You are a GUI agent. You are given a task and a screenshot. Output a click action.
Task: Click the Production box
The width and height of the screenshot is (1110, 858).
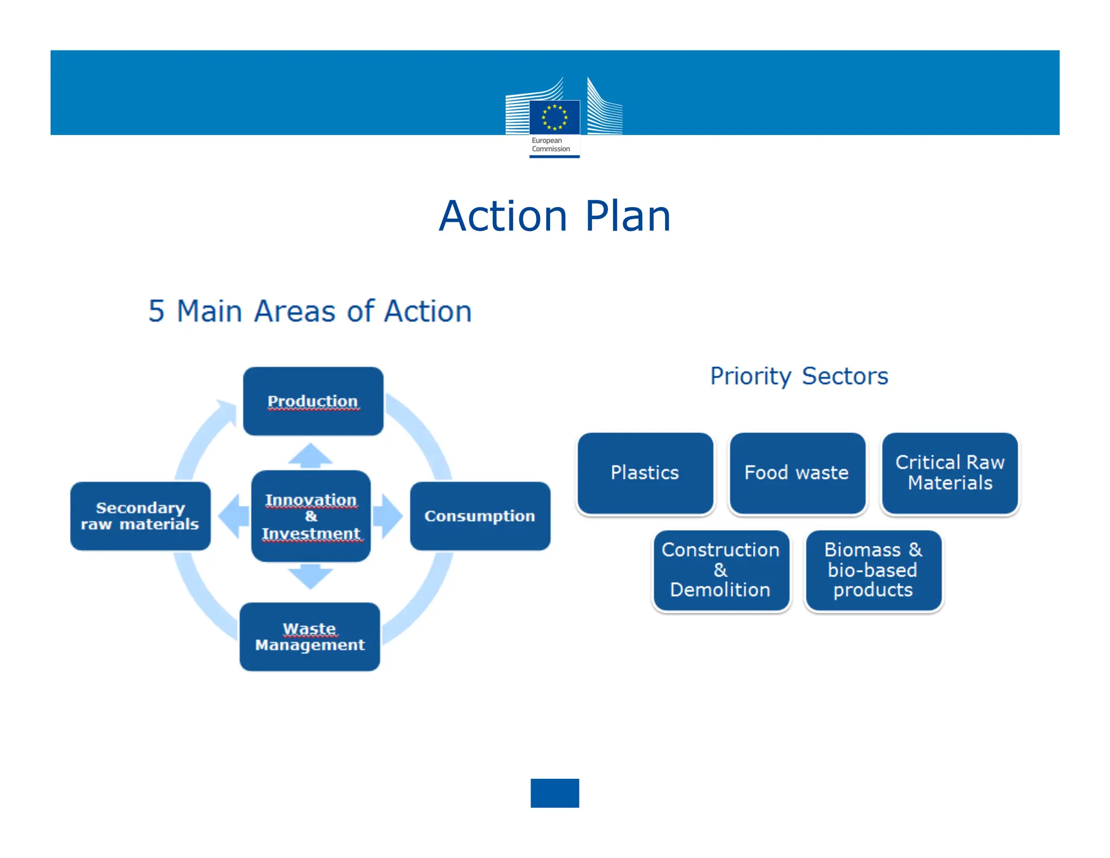pyautogui.click(x=313, y=401)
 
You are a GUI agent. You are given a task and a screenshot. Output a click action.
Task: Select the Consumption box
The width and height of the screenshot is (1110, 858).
pyautogui.click(x=480, y=516)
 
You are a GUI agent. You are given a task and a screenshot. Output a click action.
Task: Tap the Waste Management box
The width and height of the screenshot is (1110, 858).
pyautogui.click(x=309, y=637)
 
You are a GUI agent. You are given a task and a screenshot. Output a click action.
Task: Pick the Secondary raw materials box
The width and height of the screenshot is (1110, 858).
pyautogui.click(x=140, y=516)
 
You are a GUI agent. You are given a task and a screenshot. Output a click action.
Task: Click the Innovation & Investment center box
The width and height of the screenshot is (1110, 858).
pyautogui.click(x=311, y=516)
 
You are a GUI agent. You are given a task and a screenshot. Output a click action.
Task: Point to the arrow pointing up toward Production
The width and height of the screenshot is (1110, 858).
pyautogui.click(x=311, y=456)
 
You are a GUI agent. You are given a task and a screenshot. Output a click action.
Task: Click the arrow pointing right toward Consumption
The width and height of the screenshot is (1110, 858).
pyautogui.click(x=389, y=516)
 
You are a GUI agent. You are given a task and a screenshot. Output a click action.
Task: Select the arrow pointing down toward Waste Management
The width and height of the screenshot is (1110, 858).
pyautogui.click(x=311, y=576)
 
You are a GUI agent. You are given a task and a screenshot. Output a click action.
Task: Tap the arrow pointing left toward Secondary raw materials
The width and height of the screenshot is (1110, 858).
pyautogui.click(x=233, y=516)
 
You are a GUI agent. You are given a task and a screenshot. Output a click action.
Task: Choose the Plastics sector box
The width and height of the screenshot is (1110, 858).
pyautogui.click(x=645, y=473)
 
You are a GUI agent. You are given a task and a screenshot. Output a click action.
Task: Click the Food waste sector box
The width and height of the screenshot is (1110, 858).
pyautogui.click(x=797, y=473)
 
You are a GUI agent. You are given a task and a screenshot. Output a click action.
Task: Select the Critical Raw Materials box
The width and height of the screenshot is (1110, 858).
pyautogui.click(x=950, y=473)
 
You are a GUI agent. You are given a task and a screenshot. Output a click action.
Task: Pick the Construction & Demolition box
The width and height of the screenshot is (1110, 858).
pyautogui.click(x=721, y=570)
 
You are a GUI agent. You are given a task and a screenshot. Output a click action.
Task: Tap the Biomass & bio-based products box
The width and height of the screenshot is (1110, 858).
pyautogui.click(x=873, y=570)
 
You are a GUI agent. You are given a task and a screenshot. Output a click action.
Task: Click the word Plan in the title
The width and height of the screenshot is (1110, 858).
pyautogui.click(x=628, y=216)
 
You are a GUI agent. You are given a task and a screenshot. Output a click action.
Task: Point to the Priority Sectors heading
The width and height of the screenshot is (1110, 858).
pyautogui.click(x=799, y=376)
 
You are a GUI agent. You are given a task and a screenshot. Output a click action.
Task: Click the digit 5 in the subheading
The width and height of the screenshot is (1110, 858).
pyautogui.click(x=156, y=311)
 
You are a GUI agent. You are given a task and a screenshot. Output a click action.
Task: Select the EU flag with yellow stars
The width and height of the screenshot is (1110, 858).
pyautogui.click(x=554, y=117)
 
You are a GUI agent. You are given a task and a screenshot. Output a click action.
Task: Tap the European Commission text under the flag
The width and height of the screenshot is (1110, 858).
pyautogui.click(x=551, y=145)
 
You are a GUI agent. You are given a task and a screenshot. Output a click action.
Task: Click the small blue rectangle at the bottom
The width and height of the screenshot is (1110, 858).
pyautogui.click(x=554, y=793)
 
